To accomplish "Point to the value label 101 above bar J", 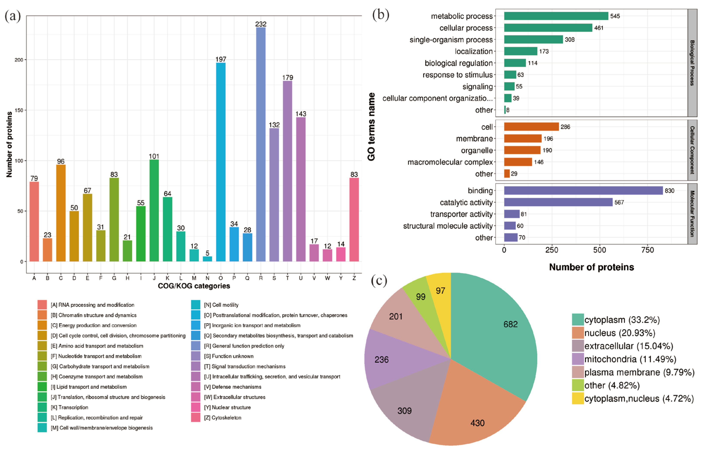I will (x=154, y=156).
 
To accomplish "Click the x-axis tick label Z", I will (x=354, y=278).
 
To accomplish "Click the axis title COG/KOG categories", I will (x=194, y=286).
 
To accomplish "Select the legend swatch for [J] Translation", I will (x=42, y=397).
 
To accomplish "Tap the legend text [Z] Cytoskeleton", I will (x=223, y=418).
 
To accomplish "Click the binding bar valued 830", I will (x=583, y=191).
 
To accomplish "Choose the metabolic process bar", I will (x=556, y=16).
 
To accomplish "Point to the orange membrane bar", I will (x=523, y=138).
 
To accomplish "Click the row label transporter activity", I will (x=461, y=214).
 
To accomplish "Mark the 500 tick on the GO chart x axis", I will (x=600, y=250).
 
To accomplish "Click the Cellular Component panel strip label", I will (x=692, y=150).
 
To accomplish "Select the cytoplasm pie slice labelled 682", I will (x=495, y=331).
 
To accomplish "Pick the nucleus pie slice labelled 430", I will (x=474, y=410).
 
